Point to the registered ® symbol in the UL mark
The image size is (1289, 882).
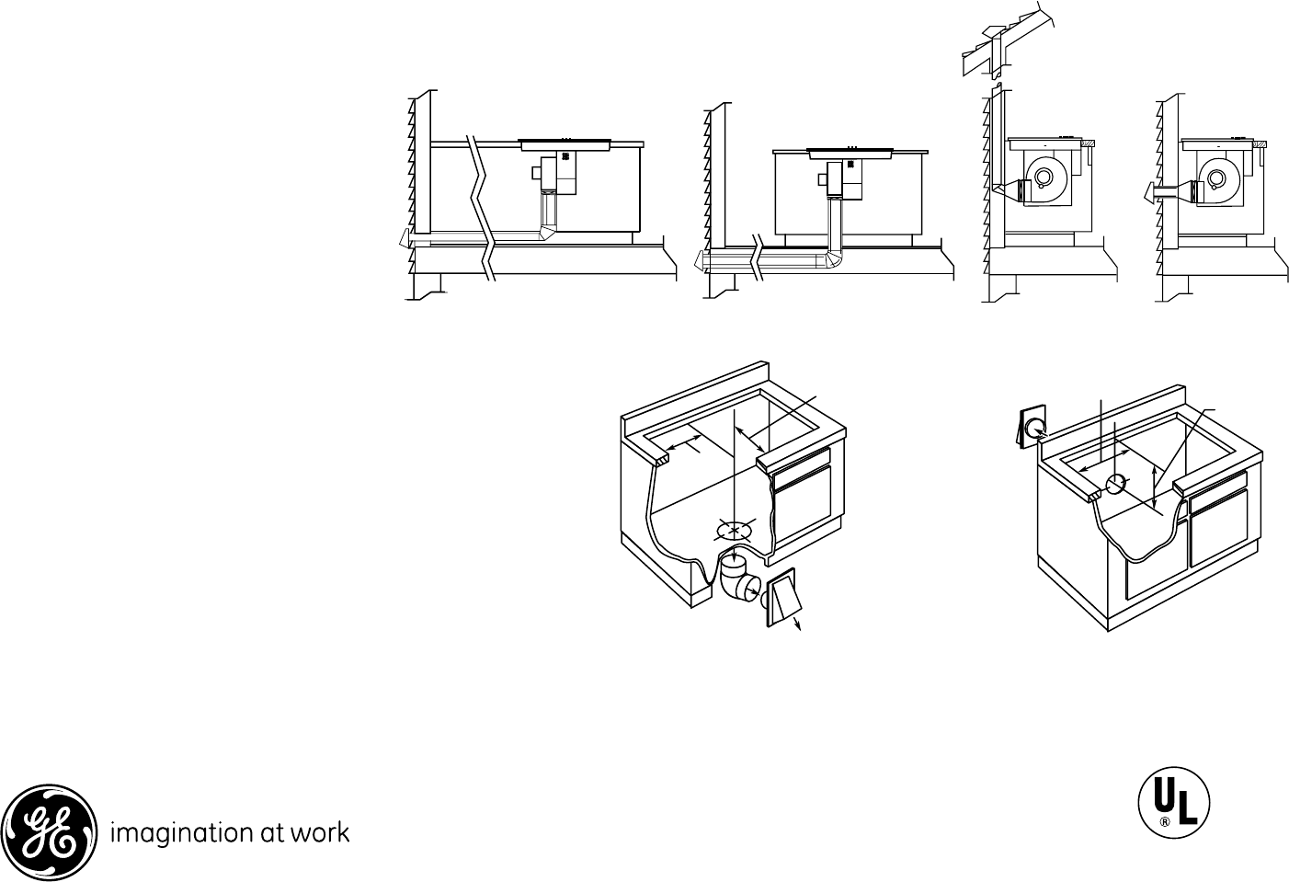pos(1163,823)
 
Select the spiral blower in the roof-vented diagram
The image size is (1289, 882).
pos(1044,180)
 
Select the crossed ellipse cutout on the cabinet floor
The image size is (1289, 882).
pos(733,529)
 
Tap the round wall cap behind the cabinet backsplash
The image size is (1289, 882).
pos(1033,428)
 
